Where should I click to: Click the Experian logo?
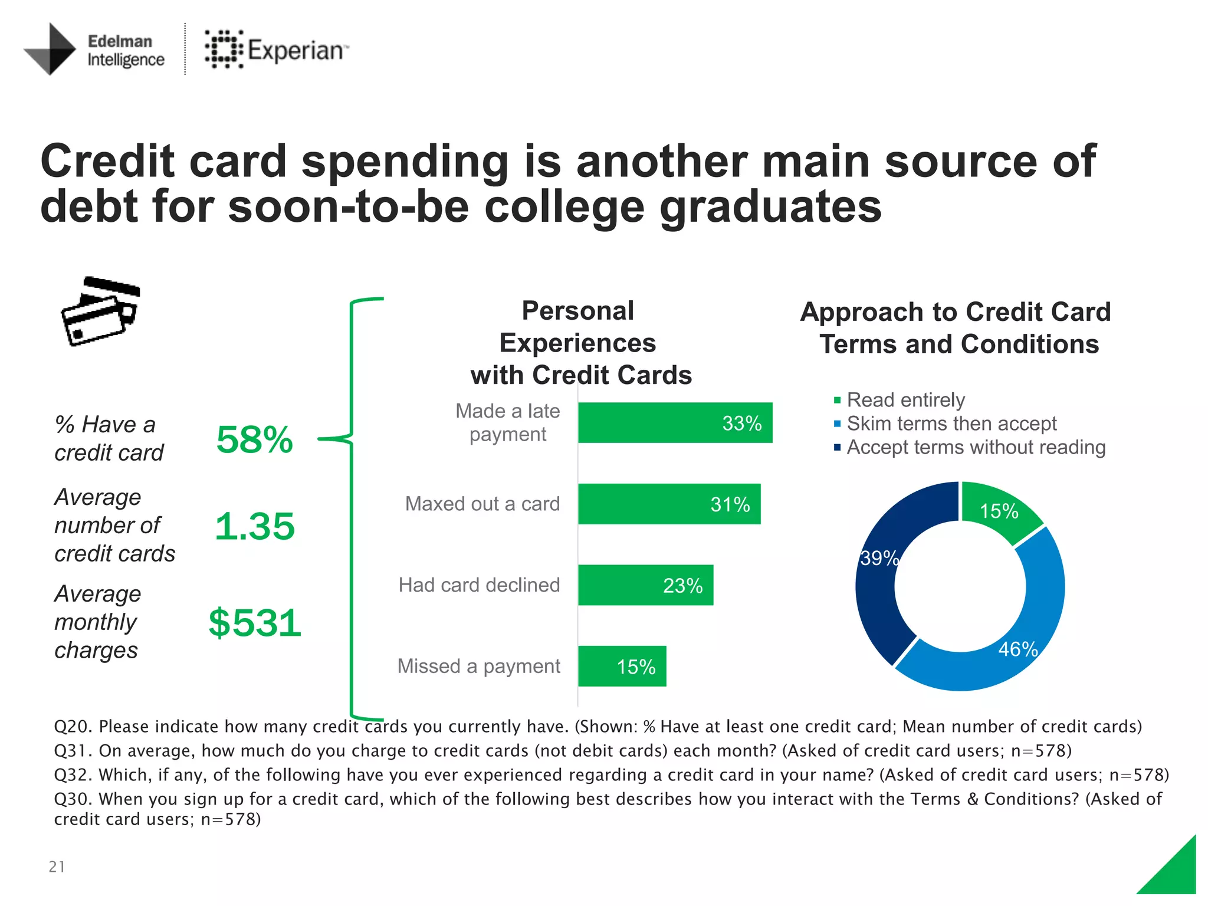pos(276,50)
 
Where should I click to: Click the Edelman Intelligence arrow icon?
pos(51,50)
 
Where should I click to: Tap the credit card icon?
pos(100,311)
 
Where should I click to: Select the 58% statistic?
pos(254,439)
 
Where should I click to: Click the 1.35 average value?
pos(254,526)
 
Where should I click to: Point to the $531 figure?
pos(255,623)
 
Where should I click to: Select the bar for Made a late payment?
pos(674,423)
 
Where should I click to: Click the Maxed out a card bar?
pos(668,504)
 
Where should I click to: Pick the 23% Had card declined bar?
pos(645,585)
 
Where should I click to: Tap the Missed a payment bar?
pos(622,667)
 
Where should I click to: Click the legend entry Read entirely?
pos(905,400)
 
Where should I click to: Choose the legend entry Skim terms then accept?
pos(951,424)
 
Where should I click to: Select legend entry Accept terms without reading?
pos(976,447)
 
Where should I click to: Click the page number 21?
pos(57,866)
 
